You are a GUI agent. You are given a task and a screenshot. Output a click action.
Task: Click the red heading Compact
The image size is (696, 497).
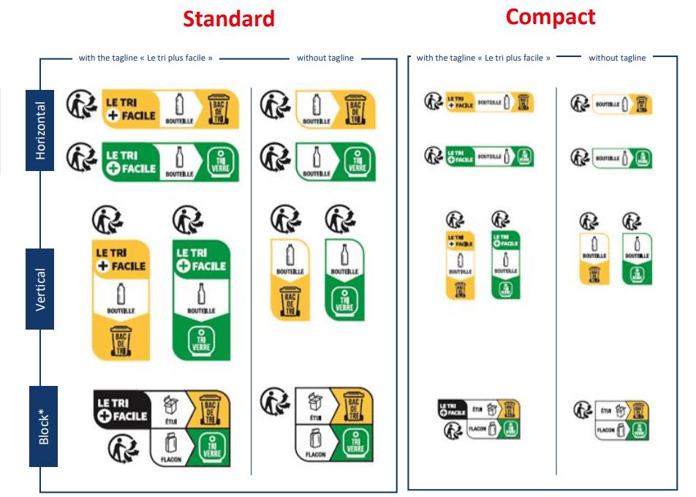click(x=551, y=17)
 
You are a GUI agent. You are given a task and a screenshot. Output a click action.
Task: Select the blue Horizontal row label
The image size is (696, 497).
click(x=41, y=129)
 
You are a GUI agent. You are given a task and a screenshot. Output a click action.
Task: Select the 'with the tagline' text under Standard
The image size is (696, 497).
click(x=145, y=58)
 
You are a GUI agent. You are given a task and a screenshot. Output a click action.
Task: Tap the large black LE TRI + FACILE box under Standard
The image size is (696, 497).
click(x=121, y=409)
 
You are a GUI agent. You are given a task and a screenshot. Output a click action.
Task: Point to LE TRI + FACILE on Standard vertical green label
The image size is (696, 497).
click(x=200, y=257)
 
